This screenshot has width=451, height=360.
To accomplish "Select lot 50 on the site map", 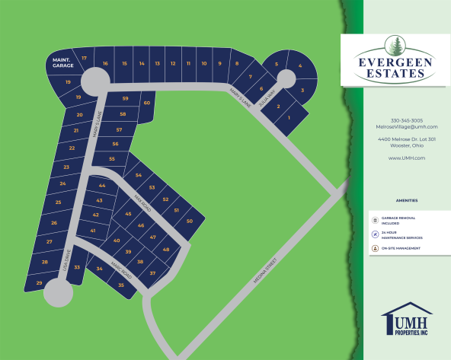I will tap(190, 221).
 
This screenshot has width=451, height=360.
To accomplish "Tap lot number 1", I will tap(289, 118).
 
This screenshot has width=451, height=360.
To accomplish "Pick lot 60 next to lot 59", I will tap(146, 103).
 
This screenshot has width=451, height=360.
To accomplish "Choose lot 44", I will tap(102, 185).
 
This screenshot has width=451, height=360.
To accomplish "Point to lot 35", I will tap(121, 285).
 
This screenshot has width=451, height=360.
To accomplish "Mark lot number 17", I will tap(85, 58).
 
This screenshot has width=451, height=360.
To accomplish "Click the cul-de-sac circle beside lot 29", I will tap(58, 292).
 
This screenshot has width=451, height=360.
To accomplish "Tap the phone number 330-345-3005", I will tap(406, 120).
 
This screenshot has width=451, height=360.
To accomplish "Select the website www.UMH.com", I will tap(406, 158).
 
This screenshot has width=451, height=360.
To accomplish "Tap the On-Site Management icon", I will tap(375, 248).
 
